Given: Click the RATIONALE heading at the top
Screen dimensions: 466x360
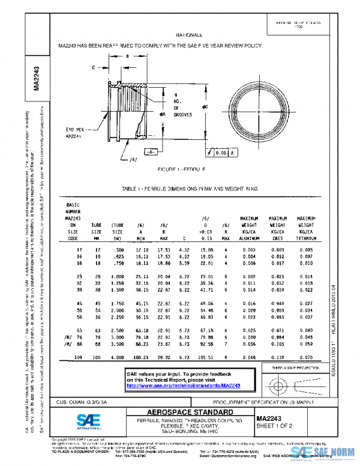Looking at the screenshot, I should tap(189, 35).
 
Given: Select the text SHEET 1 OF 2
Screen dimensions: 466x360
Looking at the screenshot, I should tap(274, 426).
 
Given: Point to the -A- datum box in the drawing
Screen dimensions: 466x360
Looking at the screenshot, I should tap(151, 153).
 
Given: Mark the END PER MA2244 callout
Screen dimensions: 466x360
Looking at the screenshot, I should tap(73, 133).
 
